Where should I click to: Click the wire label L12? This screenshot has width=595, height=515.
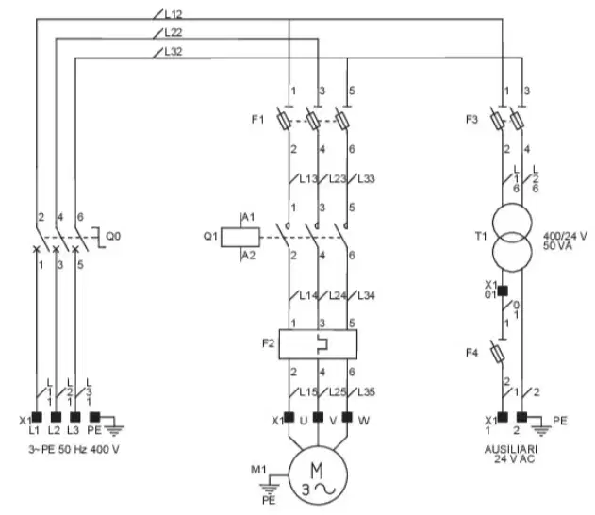point(174,14)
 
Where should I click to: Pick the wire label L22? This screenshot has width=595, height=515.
point(174,33)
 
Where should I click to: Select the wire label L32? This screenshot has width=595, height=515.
point(174,51)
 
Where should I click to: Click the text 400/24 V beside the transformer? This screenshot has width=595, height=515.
point(565,236)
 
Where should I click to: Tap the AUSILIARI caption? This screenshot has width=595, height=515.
point(511,449)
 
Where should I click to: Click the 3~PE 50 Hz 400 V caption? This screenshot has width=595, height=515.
point(74,449)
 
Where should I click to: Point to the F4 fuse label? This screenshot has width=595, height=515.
point(471,353)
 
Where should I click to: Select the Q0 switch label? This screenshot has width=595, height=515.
point(113,237)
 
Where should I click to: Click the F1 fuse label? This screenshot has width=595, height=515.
point(257,120)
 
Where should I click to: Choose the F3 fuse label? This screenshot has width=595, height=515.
point(471,120)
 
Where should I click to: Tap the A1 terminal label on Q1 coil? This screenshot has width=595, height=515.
point(248,217)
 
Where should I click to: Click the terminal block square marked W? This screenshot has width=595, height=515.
point(347,417)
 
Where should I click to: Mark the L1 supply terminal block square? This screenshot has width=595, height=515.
point(37,417)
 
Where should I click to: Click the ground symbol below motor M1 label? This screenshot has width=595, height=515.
point(269,488)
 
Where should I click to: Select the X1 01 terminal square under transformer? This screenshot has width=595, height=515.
point(503,291)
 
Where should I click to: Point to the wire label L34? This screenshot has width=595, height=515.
point(366,295)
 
